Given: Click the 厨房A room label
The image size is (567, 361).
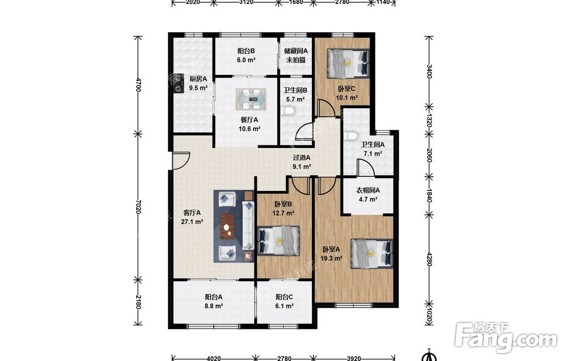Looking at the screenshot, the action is point(198,79).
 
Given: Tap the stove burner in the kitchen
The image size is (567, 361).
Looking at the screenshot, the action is point(178,83).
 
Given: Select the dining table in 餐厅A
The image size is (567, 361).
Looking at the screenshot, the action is point(251,99).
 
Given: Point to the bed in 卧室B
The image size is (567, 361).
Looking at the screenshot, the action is point(278,240).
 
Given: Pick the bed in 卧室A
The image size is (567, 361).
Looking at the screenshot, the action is point(372,253).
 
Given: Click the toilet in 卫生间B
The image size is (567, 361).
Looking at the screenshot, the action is point(289,111).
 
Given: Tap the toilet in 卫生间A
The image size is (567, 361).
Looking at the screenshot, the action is point(351,135).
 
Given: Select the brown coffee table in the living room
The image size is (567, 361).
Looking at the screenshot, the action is point(227,227).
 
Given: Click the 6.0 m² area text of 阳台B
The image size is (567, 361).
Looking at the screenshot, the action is point(246,60).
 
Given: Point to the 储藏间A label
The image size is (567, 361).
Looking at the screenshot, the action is point(296,51).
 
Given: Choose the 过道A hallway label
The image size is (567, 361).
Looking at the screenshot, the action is point(302,158).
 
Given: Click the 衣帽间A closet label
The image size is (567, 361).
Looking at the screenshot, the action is point(368,190).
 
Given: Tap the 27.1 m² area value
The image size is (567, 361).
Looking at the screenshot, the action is point(192,222).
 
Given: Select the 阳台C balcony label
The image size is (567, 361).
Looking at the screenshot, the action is point(284,297).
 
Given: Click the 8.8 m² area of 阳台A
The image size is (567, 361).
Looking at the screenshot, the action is point(213,306).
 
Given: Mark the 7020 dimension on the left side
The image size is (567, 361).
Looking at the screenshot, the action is point(137,206).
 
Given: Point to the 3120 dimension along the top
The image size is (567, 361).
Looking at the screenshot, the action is point(246,2).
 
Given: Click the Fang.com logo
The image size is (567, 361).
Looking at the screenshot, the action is point(506,337).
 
